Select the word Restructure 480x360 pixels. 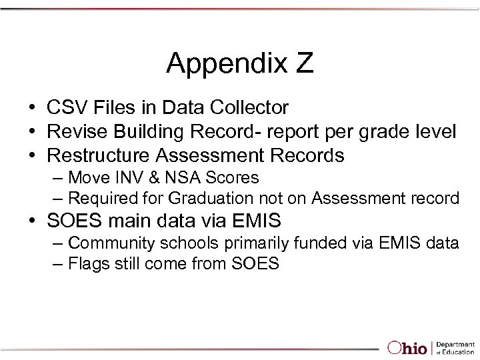[99, 155]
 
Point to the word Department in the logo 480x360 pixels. [455, 343]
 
